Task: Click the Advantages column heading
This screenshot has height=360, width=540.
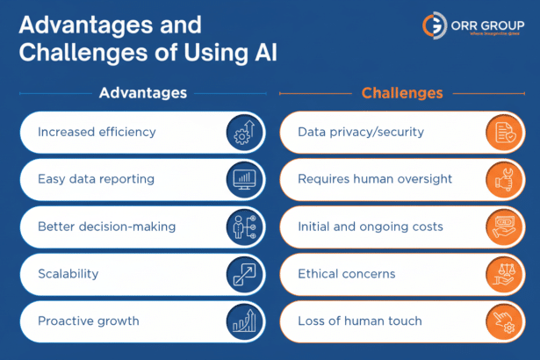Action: (x=142, y=92)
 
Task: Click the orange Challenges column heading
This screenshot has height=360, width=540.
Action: (x=402, y=92)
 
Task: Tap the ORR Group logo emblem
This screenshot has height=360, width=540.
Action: (x=433, y=25)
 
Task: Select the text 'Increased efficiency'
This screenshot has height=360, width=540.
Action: (x=97, y=132)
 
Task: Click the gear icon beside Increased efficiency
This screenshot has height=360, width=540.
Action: (x=243, y=132)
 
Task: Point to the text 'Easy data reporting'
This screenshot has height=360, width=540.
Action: (x=96, y=179)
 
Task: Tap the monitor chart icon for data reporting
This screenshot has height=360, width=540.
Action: (x=243, y=179)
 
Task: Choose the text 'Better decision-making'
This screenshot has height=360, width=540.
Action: (x=106, y=227)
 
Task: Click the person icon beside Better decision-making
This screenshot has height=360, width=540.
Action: (x=243, y=227)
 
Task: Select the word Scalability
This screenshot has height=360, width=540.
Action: (x=68, y=274)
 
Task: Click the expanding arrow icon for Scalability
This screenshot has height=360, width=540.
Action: (x=243, y=274)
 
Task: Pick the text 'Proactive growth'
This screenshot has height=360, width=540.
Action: (x=88, y=321)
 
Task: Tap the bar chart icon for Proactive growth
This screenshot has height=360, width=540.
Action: (x=243, y=321)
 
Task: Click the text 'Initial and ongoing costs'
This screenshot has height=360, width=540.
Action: (x=371, y=227)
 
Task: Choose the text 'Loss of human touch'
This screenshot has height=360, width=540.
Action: (x=360, y=321)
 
